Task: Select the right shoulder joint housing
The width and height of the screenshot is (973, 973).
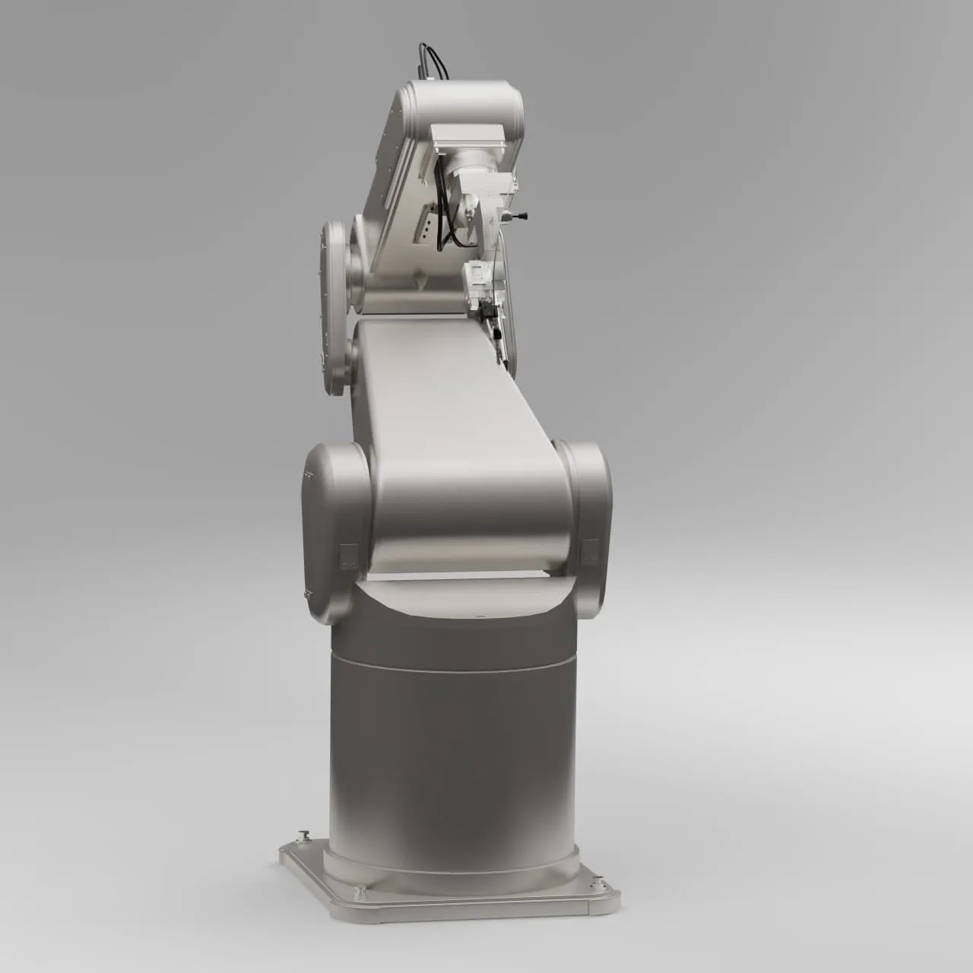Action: pos(585,525)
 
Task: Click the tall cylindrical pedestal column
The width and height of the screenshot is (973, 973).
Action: pos(452,745)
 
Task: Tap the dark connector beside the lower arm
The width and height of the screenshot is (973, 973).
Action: pos(489,313)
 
